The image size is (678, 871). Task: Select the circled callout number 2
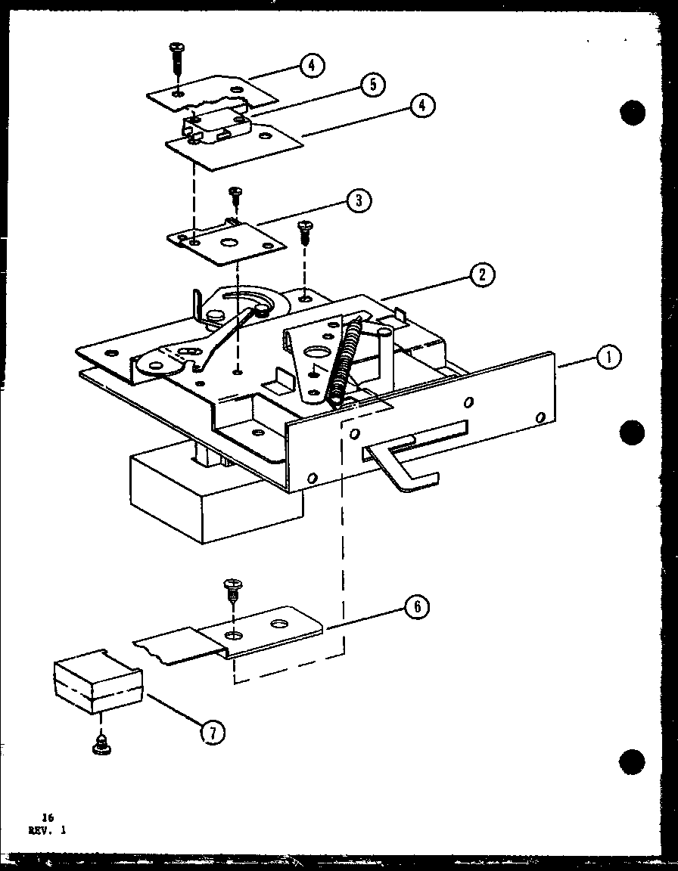click(481, 274)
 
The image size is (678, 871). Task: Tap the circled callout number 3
click(358, 200)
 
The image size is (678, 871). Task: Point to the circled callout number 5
click(372, 85)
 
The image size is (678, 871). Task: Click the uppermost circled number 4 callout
click(311, 66)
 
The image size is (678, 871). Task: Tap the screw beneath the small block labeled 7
click(98, 745)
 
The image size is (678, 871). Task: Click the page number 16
click(48, 817)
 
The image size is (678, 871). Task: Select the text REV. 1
click(48, 829)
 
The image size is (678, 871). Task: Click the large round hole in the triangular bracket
click(315, 352)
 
